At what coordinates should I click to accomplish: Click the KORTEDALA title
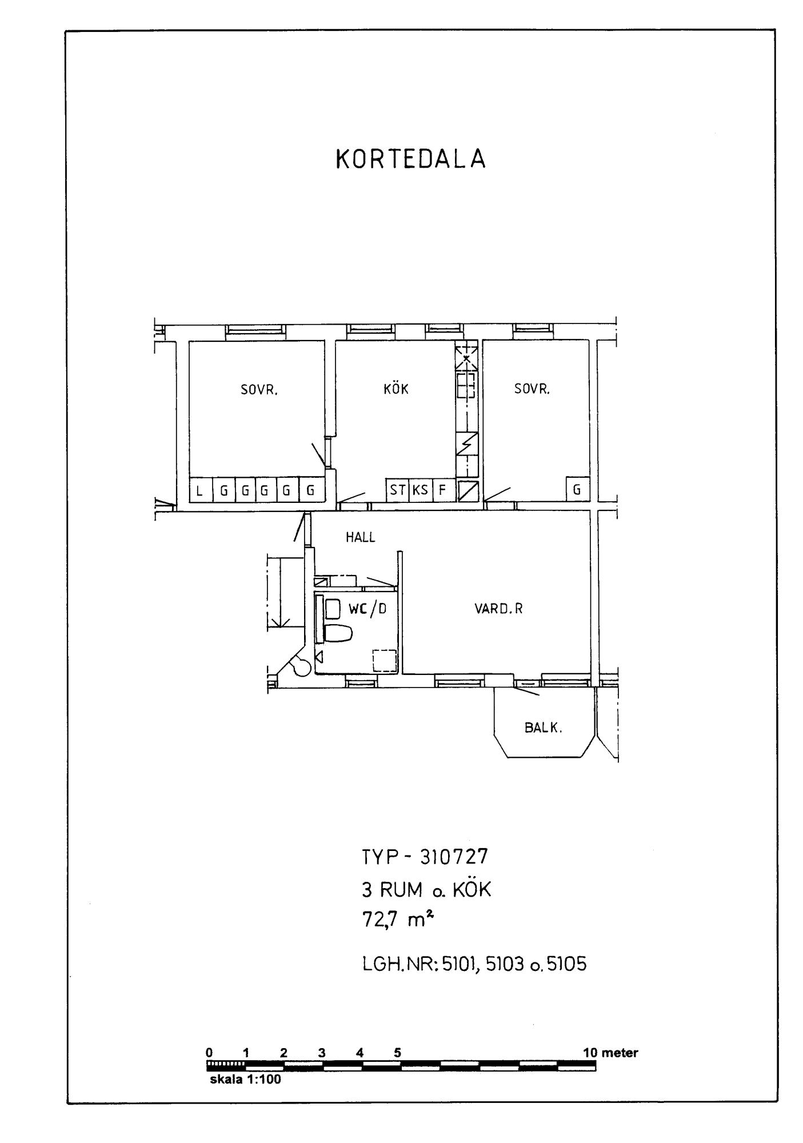point(410,159)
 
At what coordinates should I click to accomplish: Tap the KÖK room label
point(396,389)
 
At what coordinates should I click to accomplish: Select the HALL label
point(361,537)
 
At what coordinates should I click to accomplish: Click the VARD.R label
point(498,609)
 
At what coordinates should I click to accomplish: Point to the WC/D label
point(367,609)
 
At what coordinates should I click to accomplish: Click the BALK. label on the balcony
point(544,728)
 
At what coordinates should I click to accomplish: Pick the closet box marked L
point(200,490)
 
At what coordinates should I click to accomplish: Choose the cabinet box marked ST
point(398,490)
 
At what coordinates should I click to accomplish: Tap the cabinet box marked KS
point(421,490)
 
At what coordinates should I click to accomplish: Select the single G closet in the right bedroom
point(577,489)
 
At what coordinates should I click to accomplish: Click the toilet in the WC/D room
point(338,633)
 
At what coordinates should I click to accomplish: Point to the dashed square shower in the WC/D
point(385,661)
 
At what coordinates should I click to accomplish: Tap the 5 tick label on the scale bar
point(397,1053)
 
